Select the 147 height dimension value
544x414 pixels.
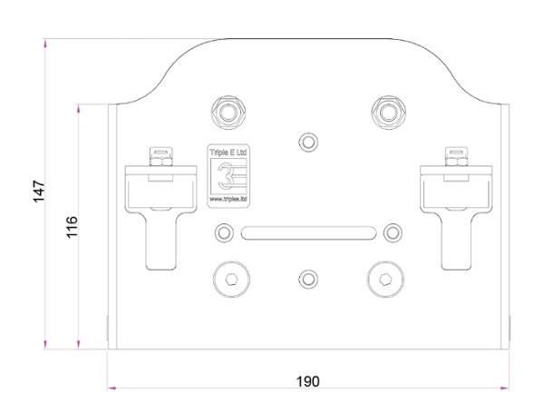tap(39, 192)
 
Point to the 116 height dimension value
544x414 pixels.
tap(73, 227)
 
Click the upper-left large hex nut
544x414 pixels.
tap(227, 112)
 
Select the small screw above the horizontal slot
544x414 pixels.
tap(308, 141)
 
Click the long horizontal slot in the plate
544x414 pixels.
tap(308, 232)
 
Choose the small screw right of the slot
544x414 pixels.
tap(392, 232)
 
